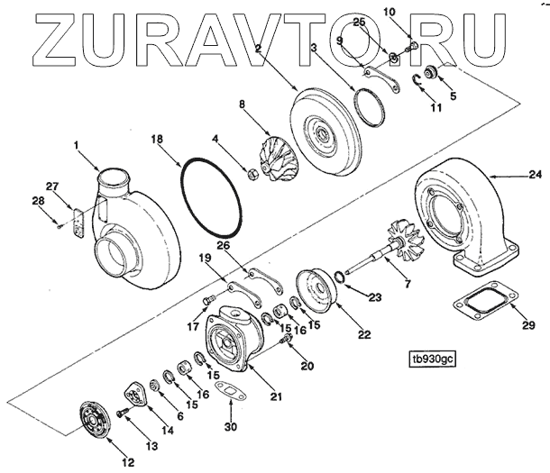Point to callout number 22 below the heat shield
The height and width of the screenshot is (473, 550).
tap(363, 335)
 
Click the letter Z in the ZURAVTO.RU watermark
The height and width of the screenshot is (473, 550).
tap(39, 33)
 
